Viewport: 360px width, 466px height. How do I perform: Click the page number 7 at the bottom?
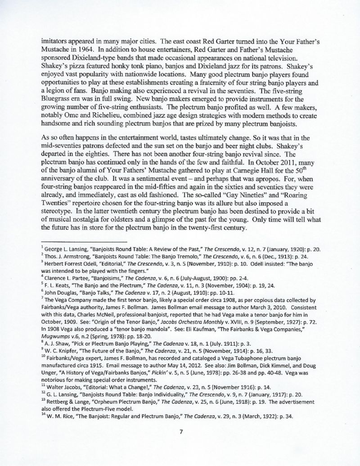point(180,432)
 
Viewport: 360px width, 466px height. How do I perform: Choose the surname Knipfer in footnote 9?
point(67,326)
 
